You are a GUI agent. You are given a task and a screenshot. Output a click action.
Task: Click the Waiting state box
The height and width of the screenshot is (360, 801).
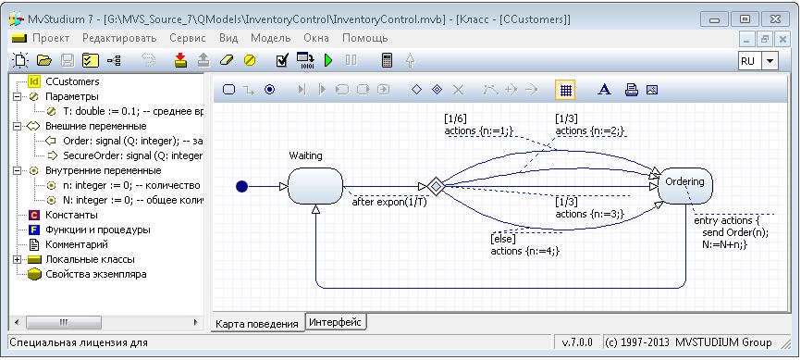[315, 186]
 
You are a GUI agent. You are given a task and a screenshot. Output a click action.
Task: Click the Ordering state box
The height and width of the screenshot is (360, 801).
[685, 186]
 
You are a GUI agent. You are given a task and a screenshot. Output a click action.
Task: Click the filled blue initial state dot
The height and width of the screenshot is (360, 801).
[241, 187]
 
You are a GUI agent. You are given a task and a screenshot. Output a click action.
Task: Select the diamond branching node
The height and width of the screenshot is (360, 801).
[436, 187]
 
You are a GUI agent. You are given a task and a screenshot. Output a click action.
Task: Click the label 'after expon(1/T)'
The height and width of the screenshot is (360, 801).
[389, 202]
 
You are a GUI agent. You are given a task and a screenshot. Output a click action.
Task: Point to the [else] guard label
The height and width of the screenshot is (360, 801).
[503, 239]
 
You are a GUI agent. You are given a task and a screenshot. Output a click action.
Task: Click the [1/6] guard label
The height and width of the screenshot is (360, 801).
[455, 118]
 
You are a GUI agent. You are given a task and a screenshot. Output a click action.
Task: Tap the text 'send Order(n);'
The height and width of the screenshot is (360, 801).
[735, 232]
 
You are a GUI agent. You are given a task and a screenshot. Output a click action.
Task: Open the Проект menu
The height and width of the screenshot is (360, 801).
[51, 38]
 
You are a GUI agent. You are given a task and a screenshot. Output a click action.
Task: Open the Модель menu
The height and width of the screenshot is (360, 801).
[271, 38]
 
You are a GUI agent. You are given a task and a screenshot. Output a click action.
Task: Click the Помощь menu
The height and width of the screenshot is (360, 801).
[364, 38]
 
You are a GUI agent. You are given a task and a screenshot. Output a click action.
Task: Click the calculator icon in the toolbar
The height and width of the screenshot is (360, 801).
[388, 60]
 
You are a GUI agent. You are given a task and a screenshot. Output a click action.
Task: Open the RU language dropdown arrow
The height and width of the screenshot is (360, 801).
[770, 61]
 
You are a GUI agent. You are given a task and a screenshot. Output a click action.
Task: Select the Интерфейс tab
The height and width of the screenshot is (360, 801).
[336, 322]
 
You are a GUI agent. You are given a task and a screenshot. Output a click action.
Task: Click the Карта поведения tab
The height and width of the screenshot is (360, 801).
[256, 324]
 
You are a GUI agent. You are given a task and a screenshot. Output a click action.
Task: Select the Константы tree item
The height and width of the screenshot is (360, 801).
[71, 216]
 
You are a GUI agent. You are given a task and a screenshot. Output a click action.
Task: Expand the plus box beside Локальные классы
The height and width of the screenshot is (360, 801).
[18, 260]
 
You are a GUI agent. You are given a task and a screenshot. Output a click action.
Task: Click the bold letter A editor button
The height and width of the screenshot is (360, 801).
[604, 90]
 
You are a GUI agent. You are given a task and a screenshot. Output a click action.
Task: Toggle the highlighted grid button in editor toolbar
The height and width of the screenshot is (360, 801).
[565, 90]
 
